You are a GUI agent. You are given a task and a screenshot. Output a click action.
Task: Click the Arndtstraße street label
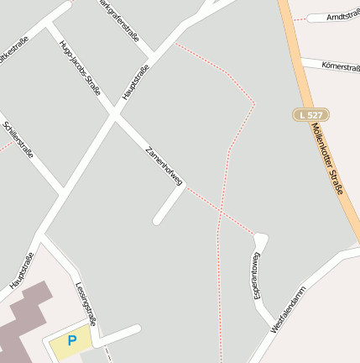[342, 16]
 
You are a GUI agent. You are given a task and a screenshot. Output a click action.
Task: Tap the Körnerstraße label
[341, 66]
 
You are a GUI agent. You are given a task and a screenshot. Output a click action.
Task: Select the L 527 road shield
[311, 114]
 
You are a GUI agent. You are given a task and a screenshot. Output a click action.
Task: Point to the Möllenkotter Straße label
[327, 160]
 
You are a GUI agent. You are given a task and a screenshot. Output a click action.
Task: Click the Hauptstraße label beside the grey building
[21, 271]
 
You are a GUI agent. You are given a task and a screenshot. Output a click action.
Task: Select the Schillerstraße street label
[18, 144]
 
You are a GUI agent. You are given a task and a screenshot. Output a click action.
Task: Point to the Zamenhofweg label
[164, 165]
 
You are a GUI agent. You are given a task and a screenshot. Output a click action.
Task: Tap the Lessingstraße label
[86, 303]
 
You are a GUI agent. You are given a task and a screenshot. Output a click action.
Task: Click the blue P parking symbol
[71, 340]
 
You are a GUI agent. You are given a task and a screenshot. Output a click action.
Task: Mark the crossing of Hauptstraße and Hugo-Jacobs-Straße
[114, 115]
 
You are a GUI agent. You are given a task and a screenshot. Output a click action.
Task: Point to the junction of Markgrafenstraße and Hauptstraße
[151, 61]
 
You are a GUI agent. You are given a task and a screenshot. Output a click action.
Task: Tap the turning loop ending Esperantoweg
[260, 239]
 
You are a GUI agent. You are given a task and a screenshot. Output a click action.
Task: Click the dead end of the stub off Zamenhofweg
[157, 221]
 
